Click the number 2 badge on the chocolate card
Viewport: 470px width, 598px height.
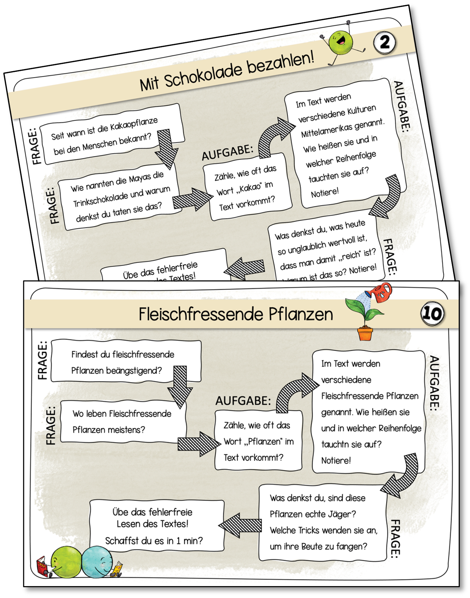[x=385, y=43]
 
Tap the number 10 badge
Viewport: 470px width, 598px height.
[x=432, y=313]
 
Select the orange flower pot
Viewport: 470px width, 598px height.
[x=365, y=334]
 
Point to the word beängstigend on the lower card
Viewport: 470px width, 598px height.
[x=134, y=371]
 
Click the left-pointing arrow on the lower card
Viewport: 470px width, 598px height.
[x=240, y=525]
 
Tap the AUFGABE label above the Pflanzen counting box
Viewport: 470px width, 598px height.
[x=243, y=401]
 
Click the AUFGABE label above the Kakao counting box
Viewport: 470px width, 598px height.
[x=227, y=153]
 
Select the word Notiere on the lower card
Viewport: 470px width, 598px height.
[x=336, y=461]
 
